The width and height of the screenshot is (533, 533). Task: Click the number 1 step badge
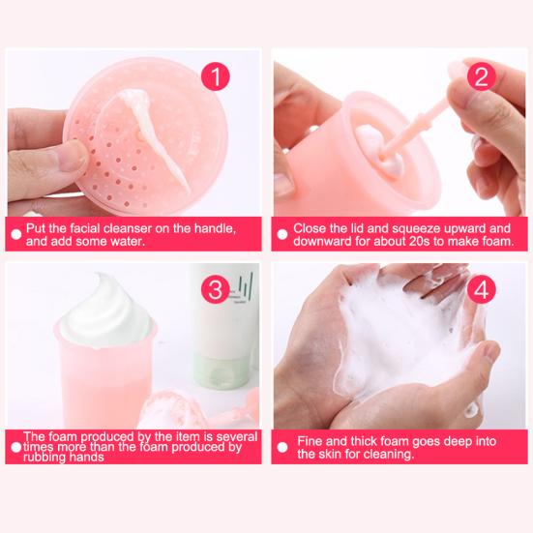215,76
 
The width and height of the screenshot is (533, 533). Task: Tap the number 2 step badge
481,76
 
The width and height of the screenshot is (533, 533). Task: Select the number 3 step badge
215,289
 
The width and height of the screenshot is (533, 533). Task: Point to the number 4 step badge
481,289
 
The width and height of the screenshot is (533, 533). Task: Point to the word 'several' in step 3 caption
237,436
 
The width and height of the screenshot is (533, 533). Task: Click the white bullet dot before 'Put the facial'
16,234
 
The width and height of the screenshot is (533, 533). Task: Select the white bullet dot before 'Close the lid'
281,234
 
